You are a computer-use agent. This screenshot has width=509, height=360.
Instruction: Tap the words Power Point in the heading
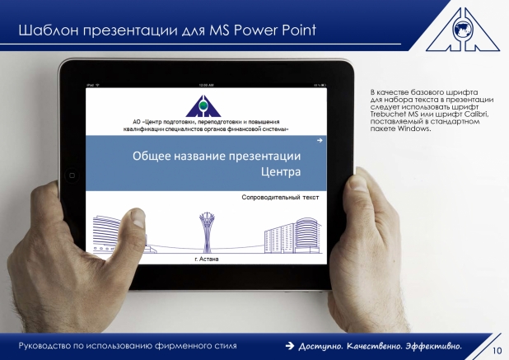click(x=275, y=30)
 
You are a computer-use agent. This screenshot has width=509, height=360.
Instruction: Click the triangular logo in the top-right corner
click(x=463, y=29)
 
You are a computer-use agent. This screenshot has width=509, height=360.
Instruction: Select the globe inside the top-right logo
click(x=463, y=28)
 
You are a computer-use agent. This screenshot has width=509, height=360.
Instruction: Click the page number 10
click(x=497, y=351)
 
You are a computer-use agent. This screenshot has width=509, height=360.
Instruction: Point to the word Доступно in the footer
click(x=320, y=346)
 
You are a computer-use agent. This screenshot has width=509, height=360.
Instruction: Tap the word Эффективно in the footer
click(x=434, y=346)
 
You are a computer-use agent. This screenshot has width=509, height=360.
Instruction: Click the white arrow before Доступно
click(x=290, y=346)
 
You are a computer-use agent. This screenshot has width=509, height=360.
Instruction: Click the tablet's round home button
click(x=72, y=175)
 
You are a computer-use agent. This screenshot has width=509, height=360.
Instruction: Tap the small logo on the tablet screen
click(x=203, y=105)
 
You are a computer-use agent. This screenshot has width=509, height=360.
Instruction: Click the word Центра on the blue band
click(x=281, y=171)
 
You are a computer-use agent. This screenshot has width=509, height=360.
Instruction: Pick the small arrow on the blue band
click(x=320, y=141)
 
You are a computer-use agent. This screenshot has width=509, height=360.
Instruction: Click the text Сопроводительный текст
click(x=281, y=198)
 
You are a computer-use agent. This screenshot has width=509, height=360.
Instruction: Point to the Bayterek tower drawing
click(x=207, y=232)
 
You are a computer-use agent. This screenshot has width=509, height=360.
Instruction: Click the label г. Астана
click(x=207, y=259)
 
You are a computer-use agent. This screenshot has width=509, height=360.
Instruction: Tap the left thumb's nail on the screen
click(x=138, y=218)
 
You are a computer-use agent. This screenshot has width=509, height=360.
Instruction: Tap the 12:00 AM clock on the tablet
click(x=207, y=85)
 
